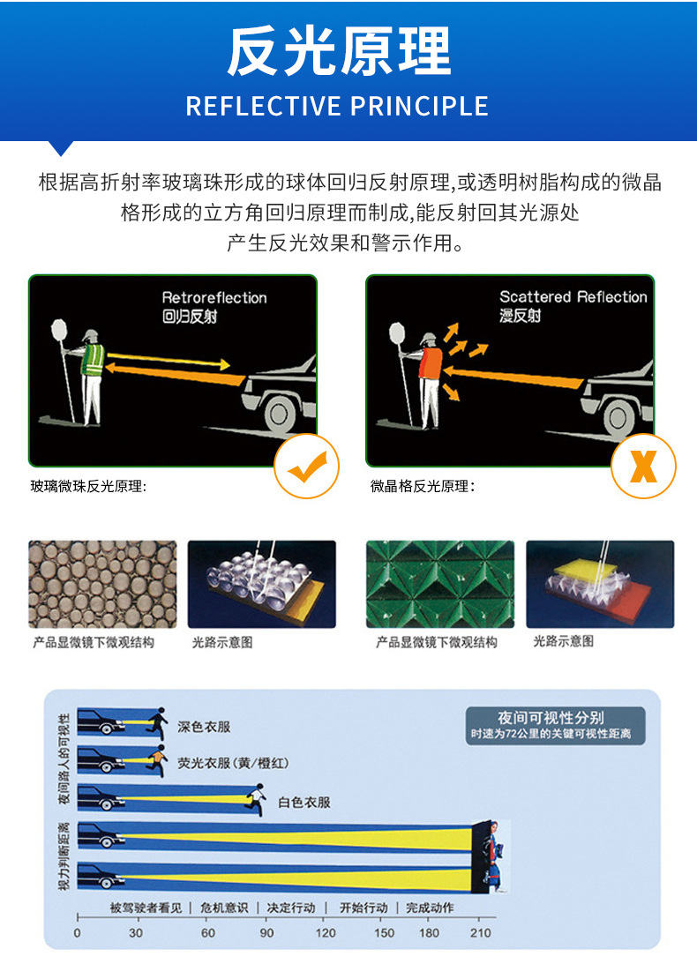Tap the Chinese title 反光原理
pyautogui.click(x=339, y=52)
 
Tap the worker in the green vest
pyautogui.click(x=92, y=375)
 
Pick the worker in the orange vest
pyautogui.click(x=431, y=375)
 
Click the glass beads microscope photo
pyautogui.click(x=102, y=584)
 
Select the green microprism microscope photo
pyautogui.click(x=439, y=584)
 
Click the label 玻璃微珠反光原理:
pyautogui.click(x=88, y=486)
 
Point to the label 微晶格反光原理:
pyautogui.click(x=423, y=486)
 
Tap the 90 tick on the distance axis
pyautogui.click(x=266, y=932)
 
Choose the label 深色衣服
pyautogui.click(x=204, y=727)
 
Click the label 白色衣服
pyautogui.click(x=304, y=802)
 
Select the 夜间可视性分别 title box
pyautogui.click(x=556, y=725)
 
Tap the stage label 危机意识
pyautogui.click(x=224, y=908)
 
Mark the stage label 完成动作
pyautogui.click(x=430, y=908)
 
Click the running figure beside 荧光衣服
pyautogui.click(x=157, y=759)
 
